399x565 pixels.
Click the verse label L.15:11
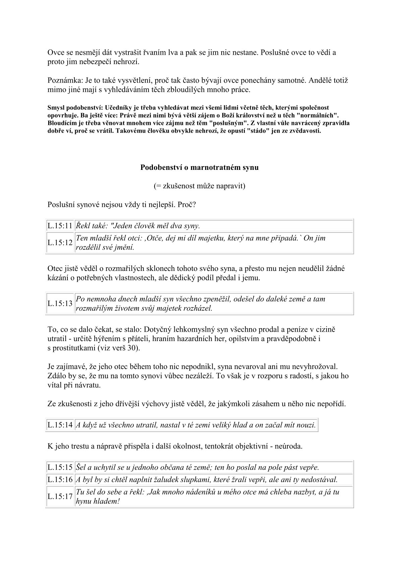tap(60, 226)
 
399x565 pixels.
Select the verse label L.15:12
tap(60, 243)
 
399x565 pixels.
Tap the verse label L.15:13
tap(60, 303)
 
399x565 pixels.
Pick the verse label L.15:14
tap(60, 425)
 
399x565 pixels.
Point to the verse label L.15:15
tap(60, 467)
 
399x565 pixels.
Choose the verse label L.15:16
tap(60, 480)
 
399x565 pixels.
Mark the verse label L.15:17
tap(60, 497)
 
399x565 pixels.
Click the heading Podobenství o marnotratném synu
tap(199, 167)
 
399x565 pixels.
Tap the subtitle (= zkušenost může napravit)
tap(199, 186)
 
